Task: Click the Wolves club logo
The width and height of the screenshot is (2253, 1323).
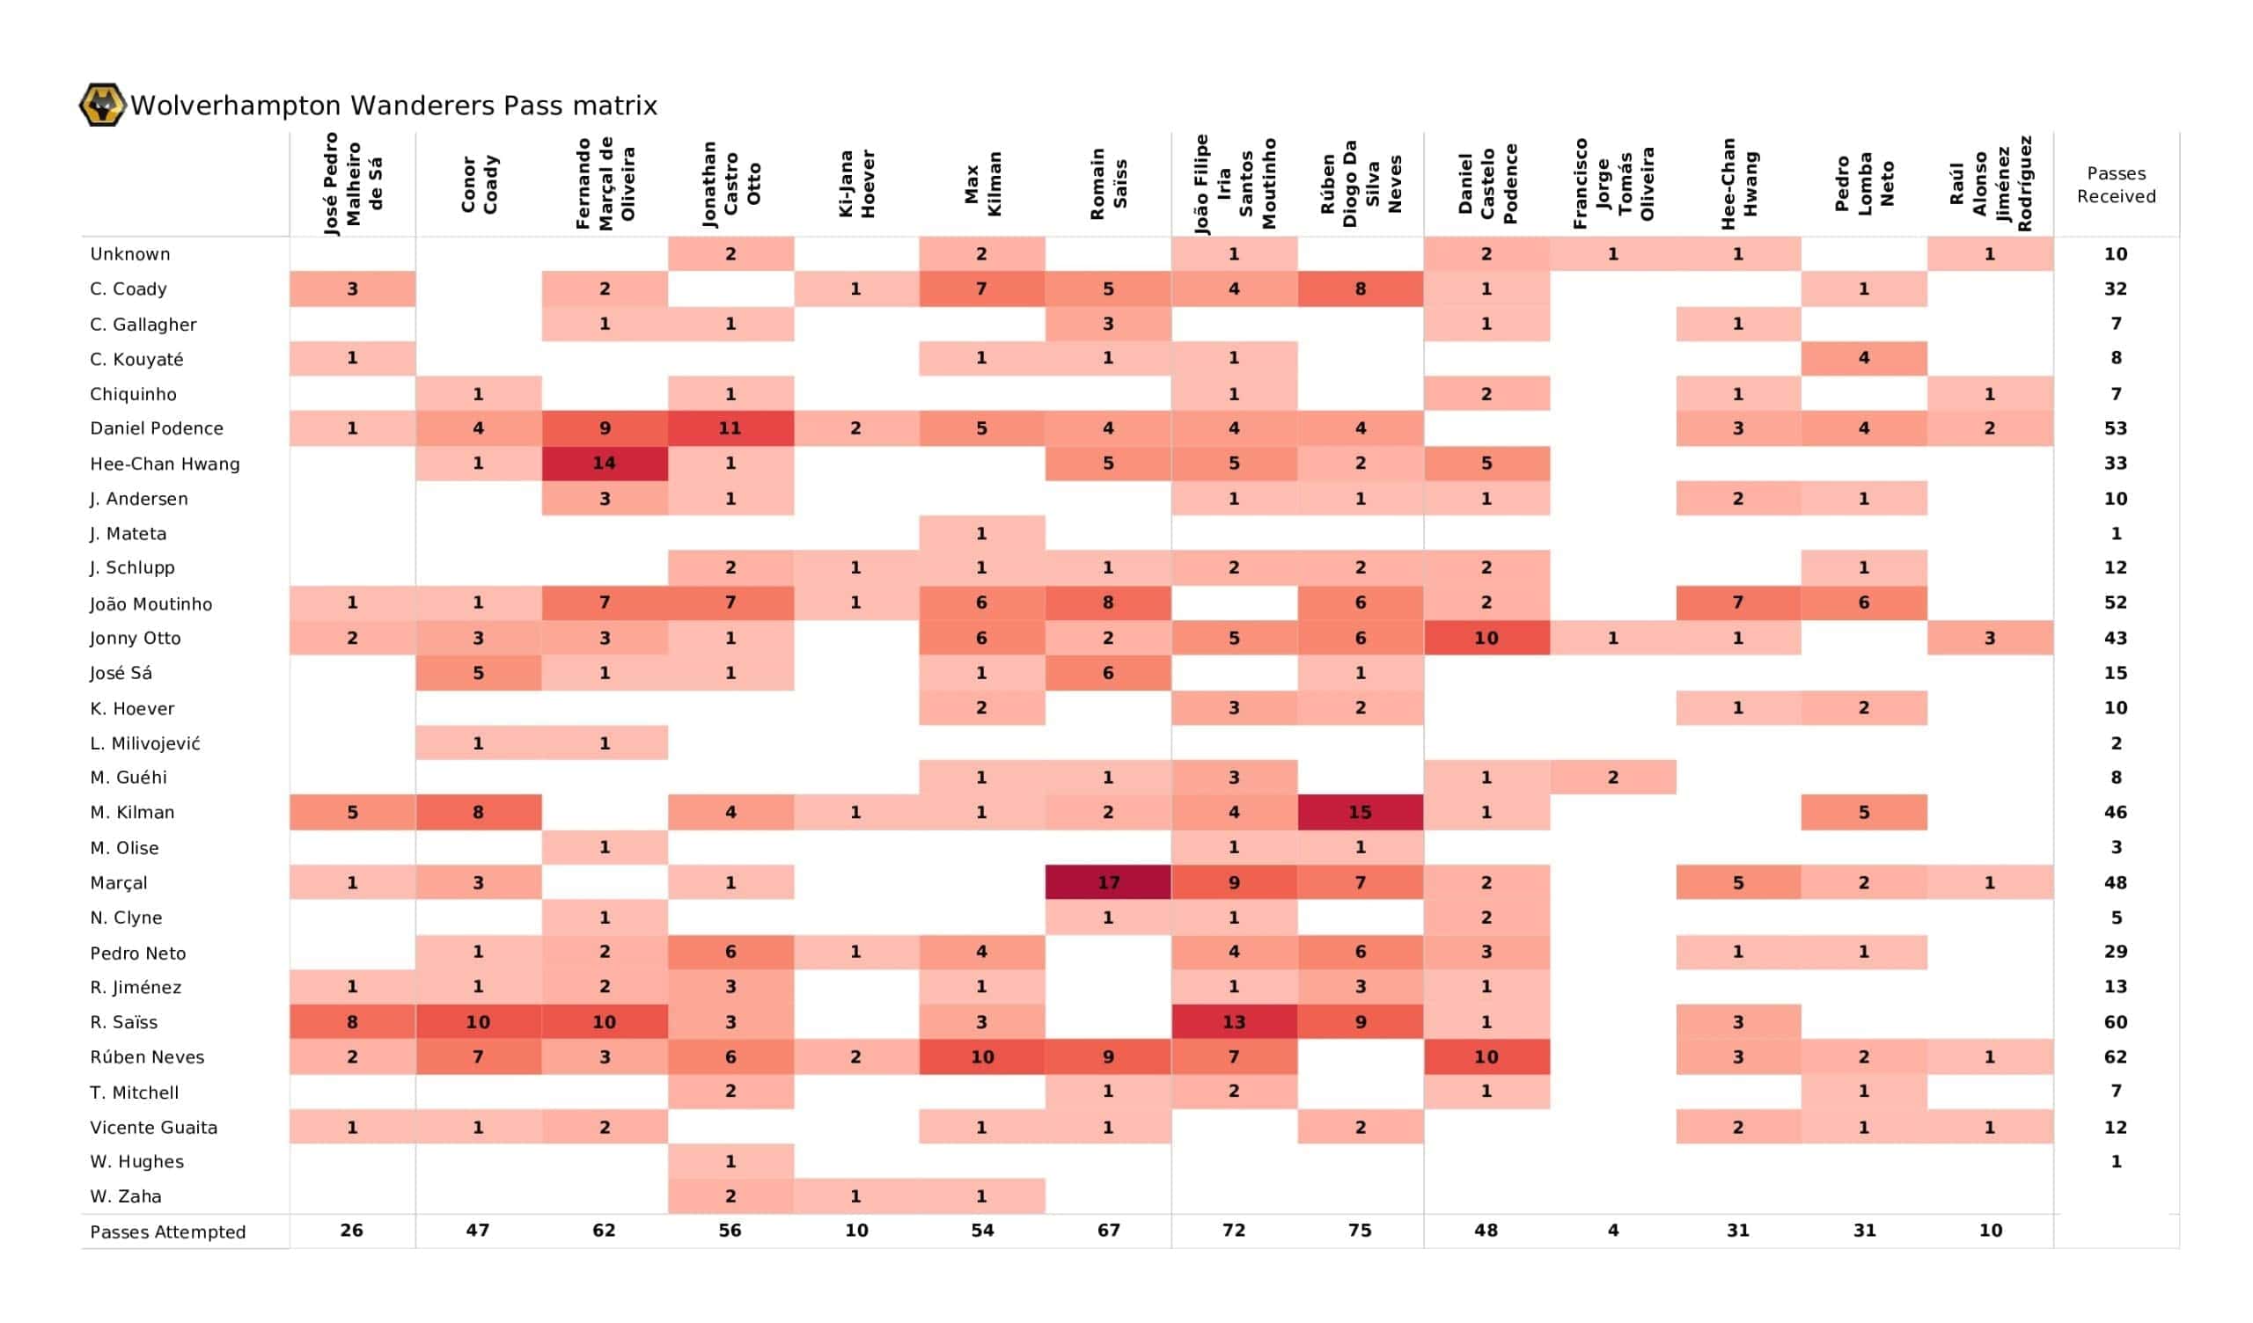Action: [102, 105]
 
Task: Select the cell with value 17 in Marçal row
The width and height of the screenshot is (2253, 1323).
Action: [1108, 882]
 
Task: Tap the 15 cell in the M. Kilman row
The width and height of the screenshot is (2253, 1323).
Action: [1360, 812]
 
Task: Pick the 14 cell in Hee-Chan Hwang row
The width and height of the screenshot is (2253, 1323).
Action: [605, 463]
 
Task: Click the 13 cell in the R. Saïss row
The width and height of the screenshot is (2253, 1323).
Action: [1234, 1022]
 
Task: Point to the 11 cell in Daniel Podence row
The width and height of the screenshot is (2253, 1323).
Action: [730, 428]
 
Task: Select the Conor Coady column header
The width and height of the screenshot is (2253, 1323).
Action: [480, 184]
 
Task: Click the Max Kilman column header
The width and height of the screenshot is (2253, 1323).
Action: [982, 184]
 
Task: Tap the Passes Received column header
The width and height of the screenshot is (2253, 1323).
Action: [2116, 184]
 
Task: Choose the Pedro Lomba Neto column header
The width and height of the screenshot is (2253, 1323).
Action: [1864, 184]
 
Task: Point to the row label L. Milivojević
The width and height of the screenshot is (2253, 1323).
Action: [145, 742]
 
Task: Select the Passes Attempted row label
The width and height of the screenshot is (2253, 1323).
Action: [168, 1232]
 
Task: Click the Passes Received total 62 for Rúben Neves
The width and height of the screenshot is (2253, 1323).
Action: [2116, 1056]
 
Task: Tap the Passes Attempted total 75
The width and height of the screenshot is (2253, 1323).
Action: [1360, 1231]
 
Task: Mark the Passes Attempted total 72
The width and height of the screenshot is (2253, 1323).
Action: [1234, 1231]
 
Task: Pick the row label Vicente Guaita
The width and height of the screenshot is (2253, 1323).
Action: [154, 1127]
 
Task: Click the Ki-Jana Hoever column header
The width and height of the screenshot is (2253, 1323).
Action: [856, 184]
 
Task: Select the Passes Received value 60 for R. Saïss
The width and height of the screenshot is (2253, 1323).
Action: [2116, 1022]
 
